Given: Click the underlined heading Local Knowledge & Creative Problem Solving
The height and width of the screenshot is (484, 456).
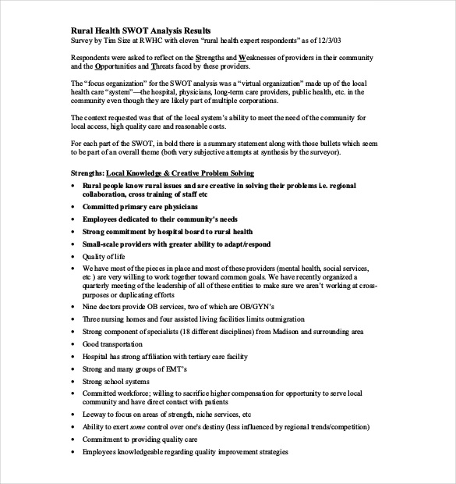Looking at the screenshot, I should click(x=191, y=173).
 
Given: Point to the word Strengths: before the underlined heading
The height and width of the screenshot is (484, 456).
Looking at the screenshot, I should click(x=87, y=173).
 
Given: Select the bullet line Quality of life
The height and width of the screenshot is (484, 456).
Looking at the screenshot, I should click(x=104, y=256).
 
